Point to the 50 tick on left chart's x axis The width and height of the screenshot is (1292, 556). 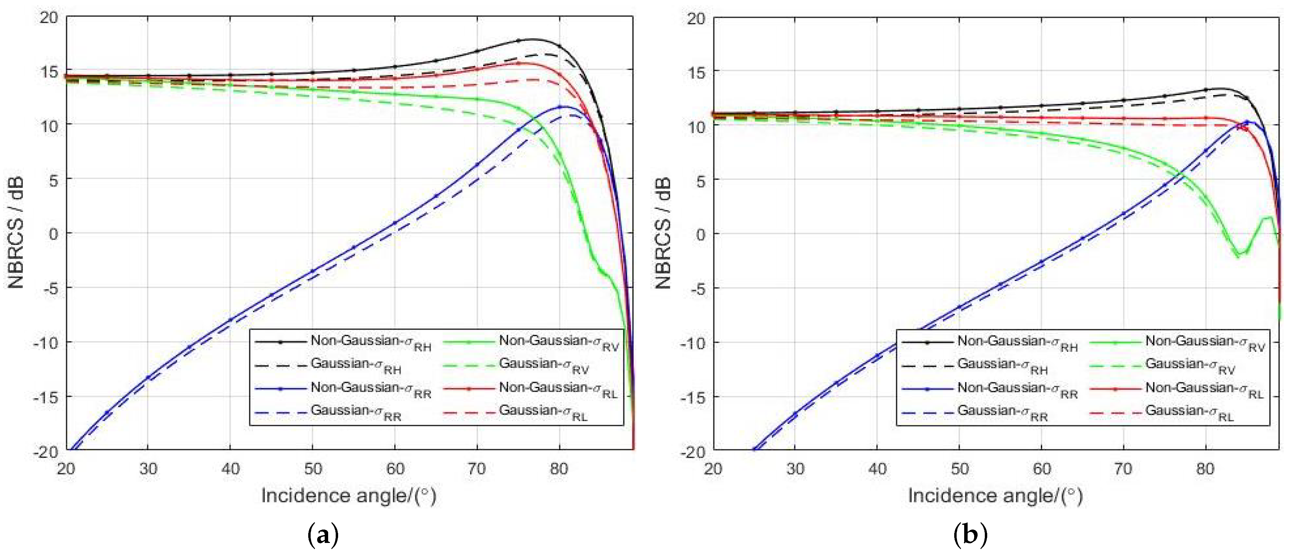(312, 469)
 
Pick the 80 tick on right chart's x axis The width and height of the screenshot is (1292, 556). (1205, 469)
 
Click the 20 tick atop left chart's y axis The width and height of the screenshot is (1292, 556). (49, 18)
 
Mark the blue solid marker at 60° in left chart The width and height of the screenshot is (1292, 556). (395, 223)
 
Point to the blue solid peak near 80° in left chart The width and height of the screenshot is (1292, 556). (563, 106)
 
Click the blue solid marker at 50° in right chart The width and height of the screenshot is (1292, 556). (959, 306)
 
